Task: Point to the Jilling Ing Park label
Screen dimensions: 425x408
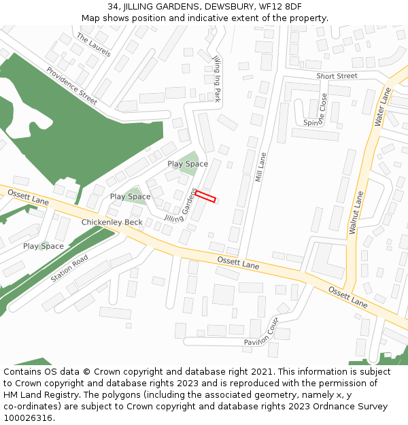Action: pos(217,79)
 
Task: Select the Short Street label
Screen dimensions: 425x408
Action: pos(337,76)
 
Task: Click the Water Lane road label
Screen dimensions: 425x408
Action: pos(384,107)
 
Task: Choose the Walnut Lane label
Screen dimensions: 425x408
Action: pos(356,213)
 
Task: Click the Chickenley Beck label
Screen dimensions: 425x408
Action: pos(112,222)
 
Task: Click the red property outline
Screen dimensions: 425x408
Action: pos(205,197)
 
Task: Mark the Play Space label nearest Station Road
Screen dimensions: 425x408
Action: pos(44,246)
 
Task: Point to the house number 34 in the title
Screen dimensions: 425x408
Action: pos(113,6)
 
